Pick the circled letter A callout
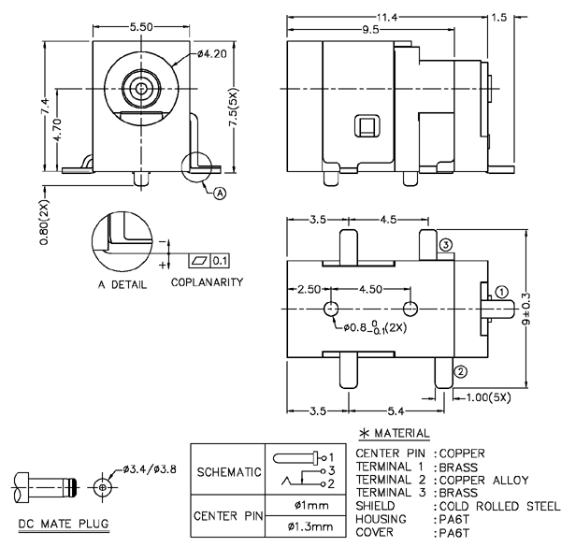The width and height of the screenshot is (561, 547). (x=221, y=194)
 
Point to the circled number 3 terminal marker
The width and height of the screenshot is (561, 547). (x=446, y=244)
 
